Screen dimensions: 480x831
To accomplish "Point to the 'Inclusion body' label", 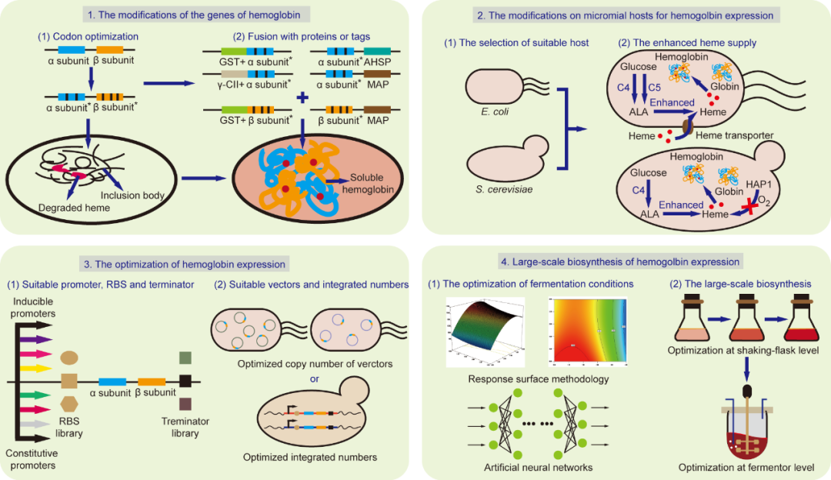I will pos(133,195).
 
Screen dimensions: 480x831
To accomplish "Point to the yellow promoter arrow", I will pos(37,369).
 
